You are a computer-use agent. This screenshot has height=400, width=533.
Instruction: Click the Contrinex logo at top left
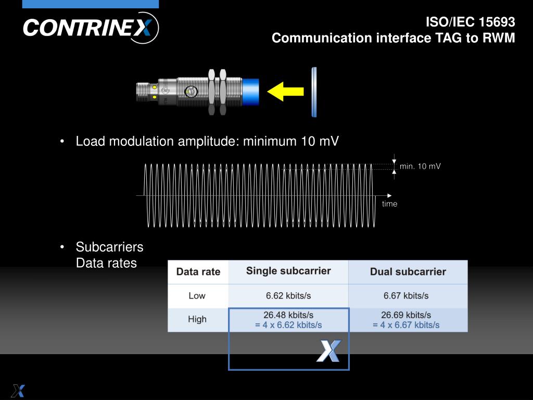pyautogui.click(x=91, y=28)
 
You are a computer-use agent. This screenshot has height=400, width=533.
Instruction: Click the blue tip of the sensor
pyautogui.click(x=251, y=92)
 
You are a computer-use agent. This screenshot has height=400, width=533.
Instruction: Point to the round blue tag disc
pyautogui.click(x=314, y=92)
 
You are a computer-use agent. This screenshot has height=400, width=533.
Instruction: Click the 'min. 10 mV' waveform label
pyautogui.click(x=420, y=166)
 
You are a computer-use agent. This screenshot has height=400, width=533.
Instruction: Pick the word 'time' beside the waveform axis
pyautogui.click(x=389, y=204)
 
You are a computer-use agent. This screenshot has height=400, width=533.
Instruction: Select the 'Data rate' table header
pyautogui.click(x=198, y=272)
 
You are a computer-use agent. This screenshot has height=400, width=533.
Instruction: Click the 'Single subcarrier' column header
pyautogui.click(x=288, y=271)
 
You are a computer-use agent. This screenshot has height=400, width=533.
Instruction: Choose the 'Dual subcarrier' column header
pyautogui.click(x=408, y=272)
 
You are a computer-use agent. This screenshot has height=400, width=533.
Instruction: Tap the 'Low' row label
pyautogui.click(x=197, y=296)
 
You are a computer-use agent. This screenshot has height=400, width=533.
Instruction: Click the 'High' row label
pyautogui.click(x=197, y=319)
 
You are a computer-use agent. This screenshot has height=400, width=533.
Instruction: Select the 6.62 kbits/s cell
pyautogui.click(x=288, y=296)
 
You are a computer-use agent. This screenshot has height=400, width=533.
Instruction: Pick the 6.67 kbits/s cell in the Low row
pyautogui.click(x=406, y=296)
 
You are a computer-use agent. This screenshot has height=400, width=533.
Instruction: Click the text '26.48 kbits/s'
pyautogui.click(x=288, y=315)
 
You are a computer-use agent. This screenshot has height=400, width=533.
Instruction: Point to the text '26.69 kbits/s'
pyautogui.click(x=406, y=315)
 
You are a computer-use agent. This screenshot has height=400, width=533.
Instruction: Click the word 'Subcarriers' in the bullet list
pyautogui.click(x=109, y=246)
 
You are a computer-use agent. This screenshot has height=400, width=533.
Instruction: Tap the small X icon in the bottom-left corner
pyautogui.click(x=18, y=391)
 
